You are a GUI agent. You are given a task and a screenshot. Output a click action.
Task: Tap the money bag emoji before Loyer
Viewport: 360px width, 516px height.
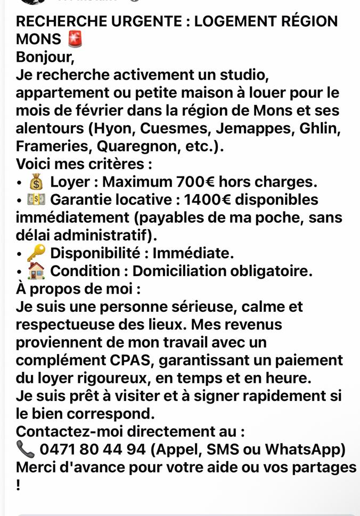[36, 182]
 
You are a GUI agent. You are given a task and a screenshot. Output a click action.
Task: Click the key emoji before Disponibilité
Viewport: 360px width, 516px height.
[36, 253]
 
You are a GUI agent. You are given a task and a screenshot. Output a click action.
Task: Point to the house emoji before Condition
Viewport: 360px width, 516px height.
[36, 271]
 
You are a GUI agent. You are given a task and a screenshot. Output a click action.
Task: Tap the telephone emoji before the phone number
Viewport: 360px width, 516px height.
[25, 450]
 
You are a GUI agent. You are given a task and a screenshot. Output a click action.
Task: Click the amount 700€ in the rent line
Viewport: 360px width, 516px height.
[195, 182]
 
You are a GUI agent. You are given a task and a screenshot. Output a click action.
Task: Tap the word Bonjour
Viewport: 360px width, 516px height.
[44, 57]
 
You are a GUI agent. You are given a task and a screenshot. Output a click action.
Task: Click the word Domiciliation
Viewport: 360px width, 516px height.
[178, 271]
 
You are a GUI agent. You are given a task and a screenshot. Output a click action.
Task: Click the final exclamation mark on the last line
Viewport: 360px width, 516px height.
[19, 486]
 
